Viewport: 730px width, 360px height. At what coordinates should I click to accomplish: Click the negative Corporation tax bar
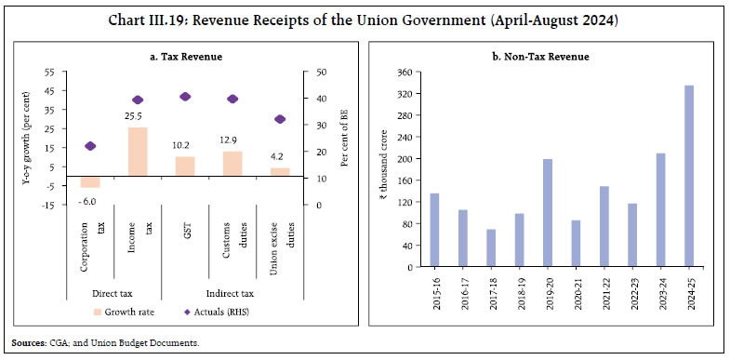pyautogui.click(x=90, y=181)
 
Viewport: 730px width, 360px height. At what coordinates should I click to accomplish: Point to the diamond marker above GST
pyautogui.click(x=185, y=97)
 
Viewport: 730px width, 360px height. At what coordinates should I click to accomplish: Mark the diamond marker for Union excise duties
pyautogui.click(x=280, y=119)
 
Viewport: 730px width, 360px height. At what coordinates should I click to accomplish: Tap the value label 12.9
pyautogui.click(x=232, y=140)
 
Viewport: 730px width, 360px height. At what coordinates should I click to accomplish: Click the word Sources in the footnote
pyautogui.click(x=29, y=342)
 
